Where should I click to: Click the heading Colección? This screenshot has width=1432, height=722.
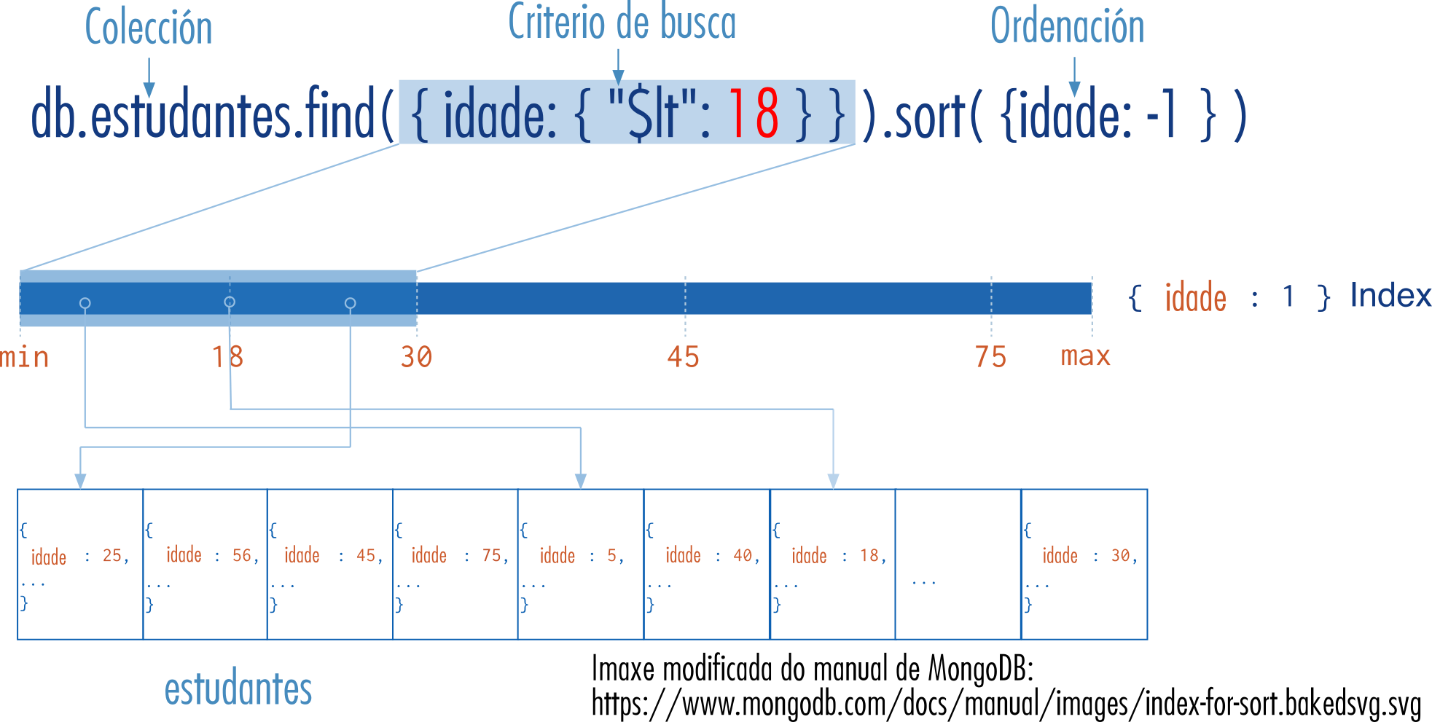click(x=149, y=28)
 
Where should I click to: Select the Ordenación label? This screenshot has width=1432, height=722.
click(x=1067, y=27)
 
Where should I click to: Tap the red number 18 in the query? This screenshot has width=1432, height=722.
click(x=754, y=114)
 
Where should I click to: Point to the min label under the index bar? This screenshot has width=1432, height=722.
click(x=25, y=357)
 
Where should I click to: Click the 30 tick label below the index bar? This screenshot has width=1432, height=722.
click(x=416, y=357)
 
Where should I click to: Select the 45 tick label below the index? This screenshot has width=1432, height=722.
click(x=683, y=357)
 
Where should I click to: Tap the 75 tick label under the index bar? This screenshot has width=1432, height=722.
click(x=990, y=357)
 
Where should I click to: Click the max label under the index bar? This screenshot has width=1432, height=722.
click(x=1085, y=356)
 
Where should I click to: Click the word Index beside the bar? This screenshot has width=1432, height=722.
click(x=1390, y=296)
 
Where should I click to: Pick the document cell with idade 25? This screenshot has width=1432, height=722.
click(x=80, y=565)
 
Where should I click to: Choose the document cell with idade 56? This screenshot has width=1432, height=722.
click(x=206, y=565)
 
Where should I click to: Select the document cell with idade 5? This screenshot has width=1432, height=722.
click(x=581, y=565)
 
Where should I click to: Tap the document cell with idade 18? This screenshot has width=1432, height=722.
click(x=832, y=565)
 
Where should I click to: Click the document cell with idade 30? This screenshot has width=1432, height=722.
click(x=1084, y=565)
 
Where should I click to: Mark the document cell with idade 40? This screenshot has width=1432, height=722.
click(x=707, y=565)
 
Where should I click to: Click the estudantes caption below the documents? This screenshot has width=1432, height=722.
click(x=238, y=689)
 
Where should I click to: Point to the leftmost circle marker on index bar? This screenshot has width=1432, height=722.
click(x=85, y=303)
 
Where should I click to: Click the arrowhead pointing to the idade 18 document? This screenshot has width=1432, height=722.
click(x=833, y=481)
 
